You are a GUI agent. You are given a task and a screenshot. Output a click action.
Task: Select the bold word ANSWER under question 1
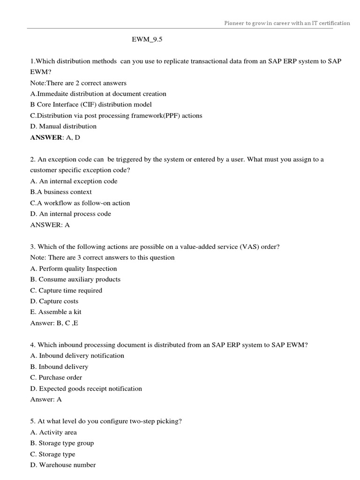pos(46,137)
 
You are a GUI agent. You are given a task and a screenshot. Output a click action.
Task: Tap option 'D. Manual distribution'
pos(63,126)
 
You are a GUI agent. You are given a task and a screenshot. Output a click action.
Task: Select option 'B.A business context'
pos(61,192)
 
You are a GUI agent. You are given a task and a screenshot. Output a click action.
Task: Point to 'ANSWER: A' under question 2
pos(50,225)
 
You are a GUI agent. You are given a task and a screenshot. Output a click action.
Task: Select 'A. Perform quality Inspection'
pos(74,269)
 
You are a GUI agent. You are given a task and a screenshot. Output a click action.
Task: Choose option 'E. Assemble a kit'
pos(56,312)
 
